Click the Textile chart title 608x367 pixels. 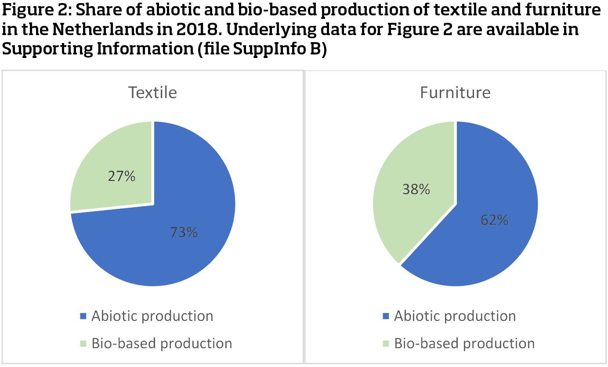(152, 93)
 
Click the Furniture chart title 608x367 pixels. (455, 93)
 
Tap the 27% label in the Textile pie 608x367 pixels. (122, 176)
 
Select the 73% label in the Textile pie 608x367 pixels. (184, 232)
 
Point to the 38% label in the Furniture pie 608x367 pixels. (416, 189)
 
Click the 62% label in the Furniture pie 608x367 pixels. (494, 219)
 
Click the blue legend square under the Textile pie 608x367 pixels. (83, 316)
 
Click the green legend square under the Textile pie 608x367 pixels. (83, 344)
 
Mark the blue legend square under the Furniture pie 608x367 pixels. (386, 316)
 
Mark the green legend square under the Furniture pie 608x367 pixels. (386, 344)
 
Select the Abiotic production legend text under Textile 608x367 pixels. (152, 316)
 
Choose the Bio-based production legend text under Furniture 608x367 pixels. (464, 344)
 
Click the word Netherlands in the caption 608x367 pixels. (103, 29)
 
